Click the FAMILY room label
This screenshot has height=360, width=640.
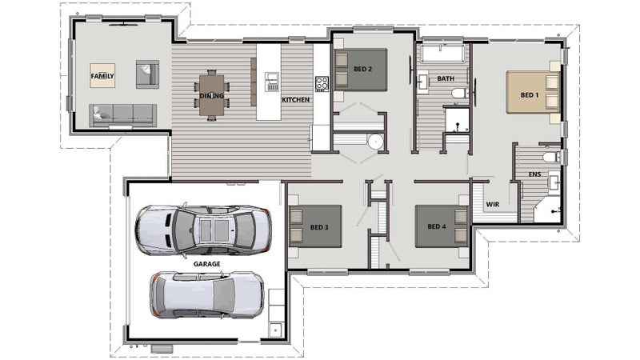pos(102,76)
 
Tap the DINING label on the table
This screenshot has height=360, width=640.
pos(211,96)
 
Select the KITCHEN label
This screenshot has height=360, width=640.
pos(295,99)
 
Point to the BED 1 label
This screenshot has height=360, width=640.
pos(530,95)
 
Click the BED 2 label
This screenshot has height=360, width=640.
pos(362,69)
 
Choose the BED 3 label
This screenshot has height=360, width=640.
pos(319,227)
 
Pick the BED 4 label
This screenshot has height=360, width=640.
pos(437,226)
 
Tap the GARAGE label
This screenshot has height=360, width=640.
pos(207,264)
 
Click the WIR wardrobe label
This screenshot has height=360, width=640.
pos(493,204)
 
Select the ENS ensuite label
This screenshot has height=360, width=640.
pos(535,174)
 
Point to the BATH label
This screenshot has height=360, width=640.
pos(446,78)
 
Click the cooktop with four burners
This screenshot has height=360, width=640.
pos(322,84)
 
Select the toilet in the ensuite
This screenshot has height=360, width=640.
pos(551,157)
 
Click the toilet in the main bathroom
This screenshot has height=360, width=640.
pos(461,93)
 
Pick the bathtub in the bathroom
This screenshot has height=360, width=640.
pos(442,53)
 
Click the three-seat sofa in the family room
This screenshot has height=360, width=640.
pos(123,115)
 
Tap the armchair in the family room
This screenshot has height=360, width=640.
pos(147,74)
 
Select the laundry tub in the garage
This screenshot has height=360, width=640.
pos(276,330)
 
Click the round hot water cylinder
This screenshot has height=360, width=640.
pos(375,142)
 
